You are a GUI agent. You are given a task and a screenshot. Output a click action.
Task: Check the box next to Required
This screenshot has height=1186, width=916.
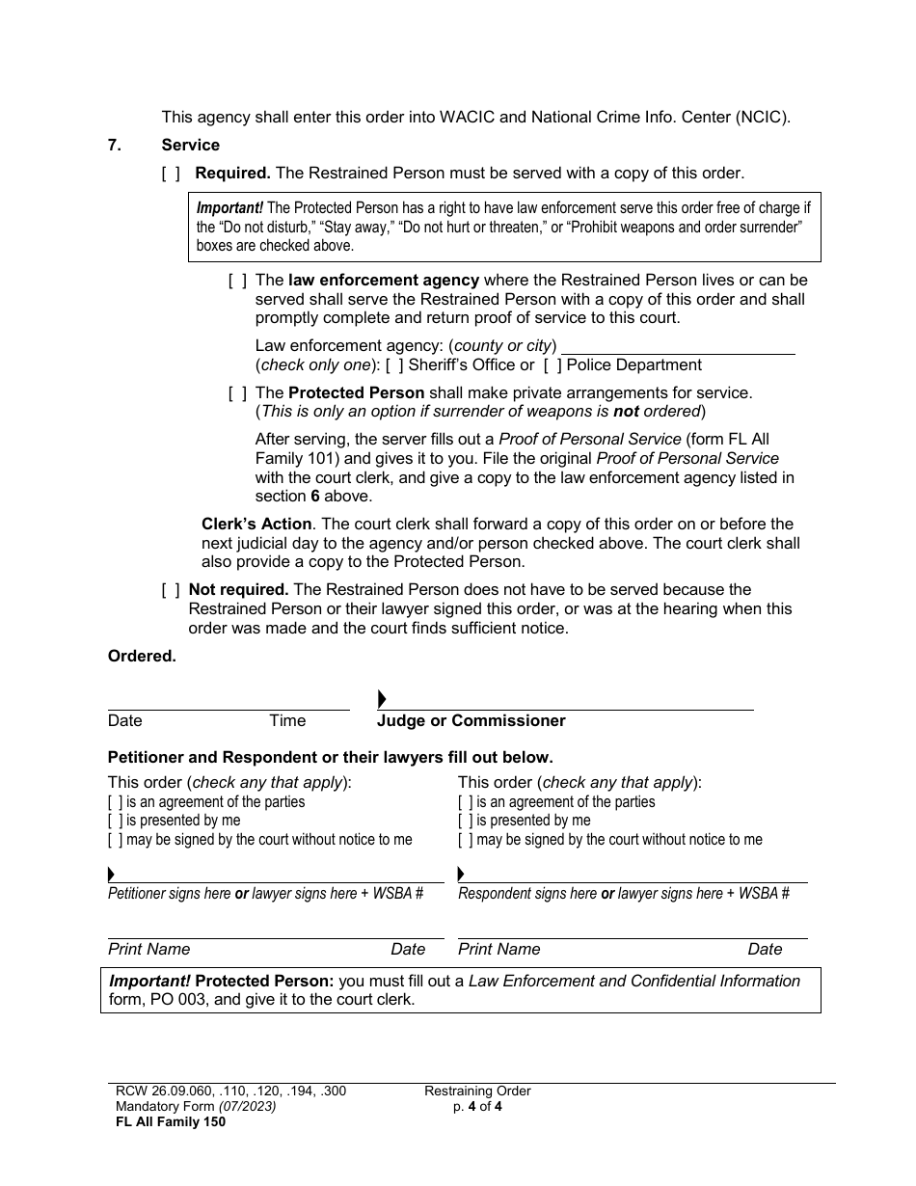click(171, 174)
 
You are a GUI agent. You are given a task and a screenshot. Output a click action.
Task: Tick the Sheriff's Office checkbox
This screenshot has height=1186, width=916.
click(394, 364)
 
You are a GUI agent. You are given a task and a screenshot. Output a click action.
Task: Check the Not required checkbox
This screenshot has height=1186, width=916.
click(171, 589)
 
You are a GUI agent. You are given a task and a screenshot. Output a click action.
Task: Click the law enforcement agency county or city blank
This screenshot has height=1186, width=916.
click(678, 345)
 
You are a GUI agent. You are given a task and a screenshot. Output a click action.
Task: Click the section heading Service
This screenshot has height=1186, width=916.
click(190, 145)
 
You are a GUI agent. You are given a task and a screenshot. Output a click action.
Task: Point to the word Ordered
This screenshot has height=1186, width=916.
click(142, 656)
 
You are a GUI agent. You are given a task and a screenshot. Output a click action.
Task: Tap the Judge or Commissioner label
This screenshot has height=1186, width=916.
click(471, 720)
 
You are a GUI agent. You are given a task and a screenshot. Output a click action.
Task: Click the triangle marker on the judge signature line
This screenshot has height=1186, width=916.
click(382, 699)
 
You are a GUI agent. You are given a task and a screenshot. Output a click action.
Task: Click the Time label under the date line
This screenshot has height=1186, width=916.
click(287, 720)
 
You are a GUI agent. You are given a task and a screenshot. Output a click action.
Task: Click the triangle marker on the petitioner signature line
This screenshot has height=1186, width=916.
click(112, 875)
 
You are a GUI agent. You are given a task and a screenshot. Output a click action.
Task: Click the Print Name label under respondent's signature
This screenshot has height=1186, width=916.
click(498, 949)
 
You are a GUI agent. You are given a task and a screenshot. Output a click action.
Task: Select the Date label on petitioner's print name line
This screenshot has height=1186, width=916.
click(408, 949)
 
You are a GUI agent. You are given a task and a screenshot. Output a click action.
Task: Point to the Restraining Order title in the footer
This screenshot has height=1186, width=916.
click(477, 1091)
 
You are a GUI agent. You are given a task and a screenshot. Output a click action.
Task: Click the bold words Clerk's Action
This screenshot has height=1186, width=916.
click(256, 524)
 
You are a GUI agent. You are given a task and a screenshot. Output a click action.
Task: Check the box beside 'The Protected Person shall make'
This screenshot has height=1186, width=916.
click(237, 392)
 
